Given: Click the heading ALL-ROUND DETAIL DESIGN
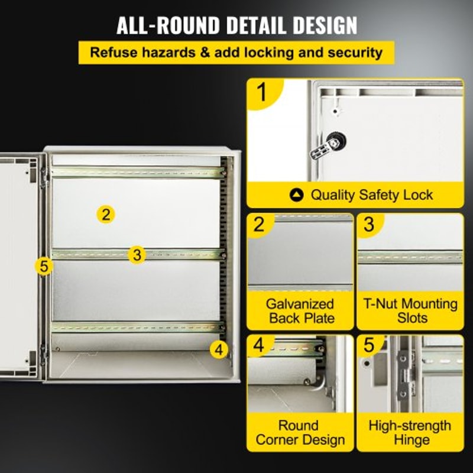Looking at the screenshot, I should pos(237,26).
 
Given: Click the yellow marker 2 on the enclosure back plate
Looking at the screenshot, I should pos(105,215).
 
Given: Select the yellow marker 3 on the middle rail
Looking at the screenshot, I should pos(137,255).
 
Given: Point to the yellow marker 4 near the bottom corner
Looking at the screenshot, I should pos(219,349).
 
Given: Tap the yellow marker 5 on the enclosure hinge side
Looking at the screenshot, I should pos(43,266).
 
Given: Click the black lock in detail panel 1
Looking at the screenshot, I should pos(335,144).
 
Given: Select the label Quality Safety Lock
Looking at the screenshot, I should pos(371,195).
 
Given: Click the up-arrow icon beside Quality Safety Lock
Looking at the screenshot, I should pos(297,195).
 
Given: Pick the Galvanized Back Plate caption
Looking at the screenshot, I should pos(300,312).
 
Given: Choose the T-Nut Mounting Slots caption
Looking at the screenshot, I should pos(410,312).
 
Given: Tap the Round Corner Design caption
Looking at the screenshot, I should pos(300,433).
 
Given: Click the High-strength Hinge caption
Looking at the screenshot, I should pos(410,433).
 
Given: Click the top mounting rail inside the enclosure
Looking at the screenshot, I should pos(138,173).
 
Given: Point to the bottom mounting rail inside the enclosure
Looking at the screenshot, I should pos(138,326).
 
